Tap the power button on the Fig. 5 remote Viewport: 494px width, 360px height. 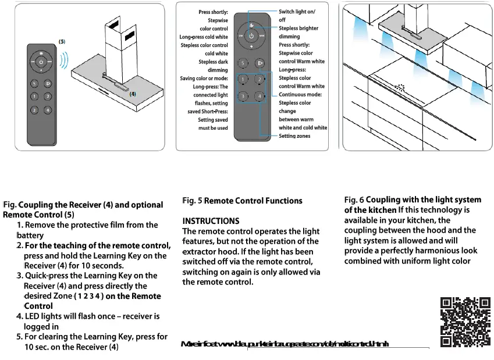pos(251,37)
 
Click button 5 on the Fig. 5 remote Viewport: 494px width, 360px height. pos(243,63)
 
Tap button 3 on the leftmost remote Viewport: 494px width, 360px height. pos(35,110)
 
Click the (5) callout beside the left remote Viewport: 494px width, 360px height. pos(62,42)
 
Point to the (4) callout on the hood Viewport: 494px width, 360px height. pos(133,94)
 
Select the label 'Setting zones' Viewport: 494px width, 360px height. pos(294,136)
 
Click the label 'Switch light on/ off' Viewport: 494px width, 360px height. pos(297,16)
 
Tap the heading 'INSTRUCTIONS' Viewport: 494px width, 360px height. pos(211,221)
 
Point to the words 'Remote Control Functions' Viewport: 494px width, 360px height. pos(253,201)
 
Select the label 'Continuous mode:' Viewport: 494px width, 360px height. pos(300,94)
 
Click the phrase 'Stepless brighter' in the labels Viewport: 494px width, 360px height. pos(298,28)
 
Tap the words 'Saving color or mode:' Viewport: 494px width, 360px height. pos(204,78)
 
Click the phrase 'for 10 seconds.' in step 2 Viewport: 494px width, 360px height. pos(94,265)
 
